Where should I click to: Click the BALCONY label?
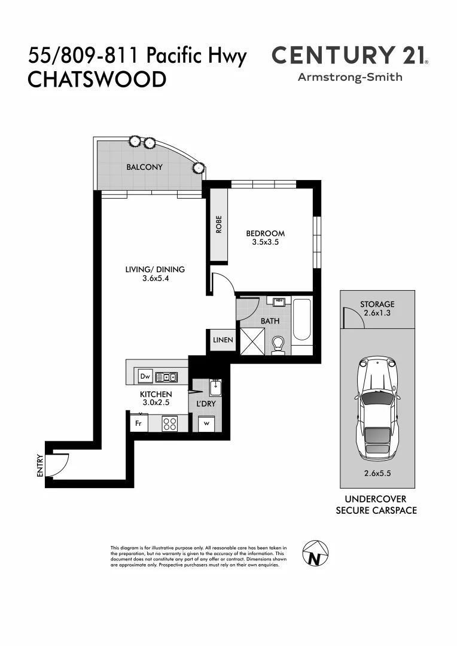point(144,167)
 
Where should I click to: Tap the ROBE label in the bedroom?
point(219,224)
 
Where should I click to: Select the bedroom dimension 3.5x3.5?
point(266,242)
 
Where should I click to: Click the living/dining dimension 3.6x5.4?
point(155,278)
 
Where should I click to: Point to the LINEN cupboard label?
point(222,340)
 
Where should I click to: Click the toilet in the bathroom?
point(278,345)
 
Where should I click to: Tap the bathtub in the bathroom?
point(302,327)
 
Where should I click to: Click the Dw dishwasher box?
point(145,376)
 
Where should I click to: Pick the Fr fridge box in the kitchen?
point(138,423)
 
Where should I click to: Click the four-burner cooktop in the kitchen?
point(169,423)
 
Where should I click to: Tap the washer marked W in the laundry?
point(207,423)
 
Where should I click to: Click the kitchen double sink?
point(166,377)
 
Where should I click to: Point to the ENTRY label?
point(40,465)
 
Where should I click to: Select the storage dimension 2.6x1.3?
point(377,312)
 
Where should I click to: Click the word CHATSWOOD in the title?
point(97,80)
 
